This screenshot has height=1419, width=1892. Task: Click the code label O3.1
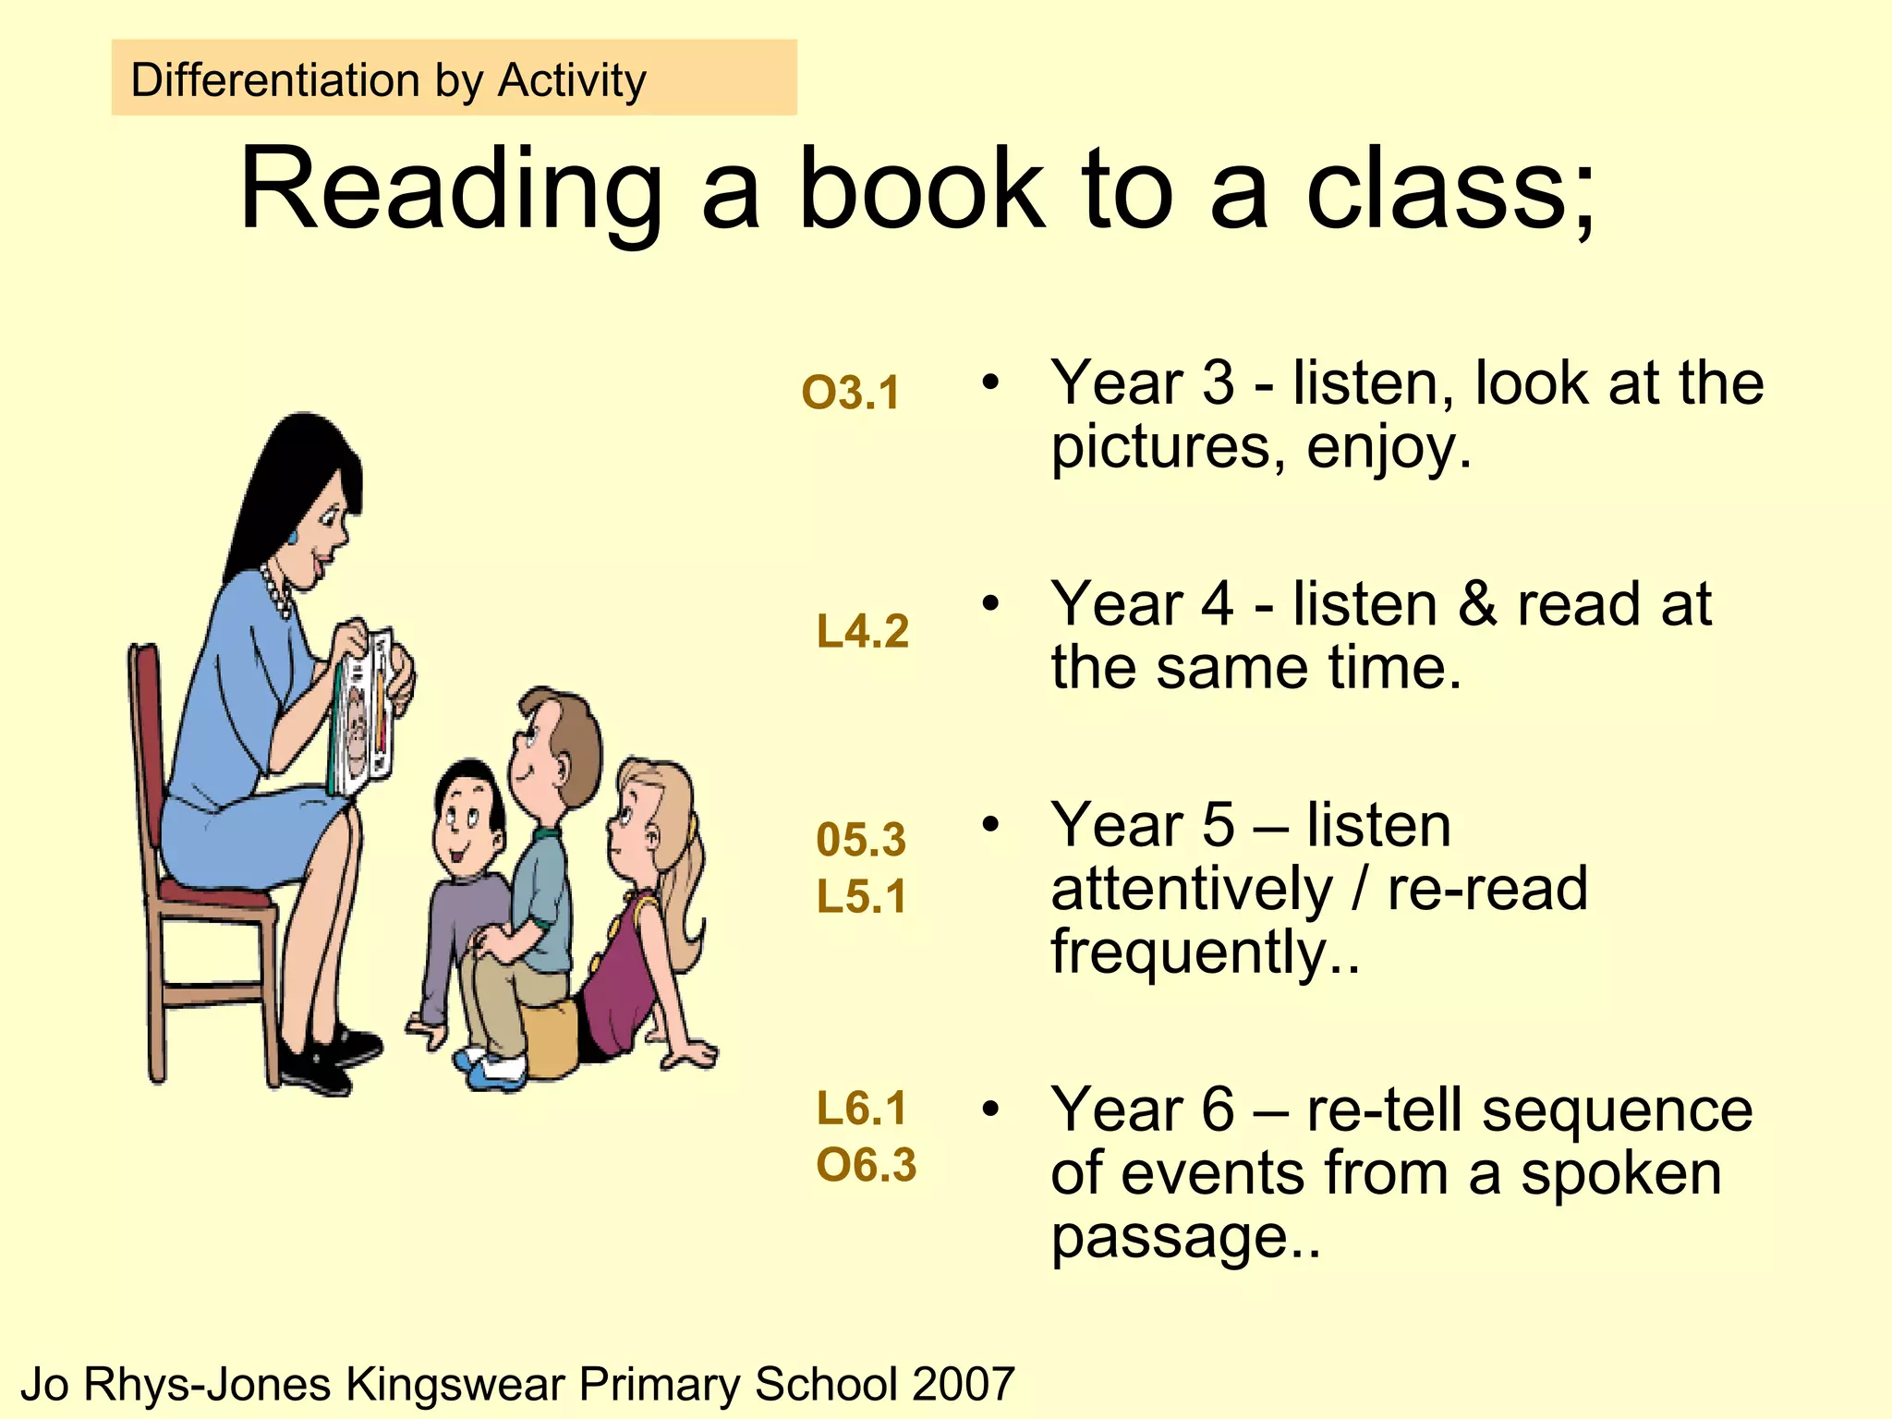850,393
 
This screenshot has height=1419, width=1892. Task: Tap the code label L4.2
863,632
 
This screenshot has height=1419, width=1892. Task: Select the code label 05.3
861,840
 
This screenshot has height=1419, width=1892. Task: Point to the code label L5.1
861,897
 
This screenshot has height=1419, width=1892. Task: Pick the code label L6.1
861,1108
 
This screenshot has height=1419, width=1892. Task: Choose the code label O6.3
866,1165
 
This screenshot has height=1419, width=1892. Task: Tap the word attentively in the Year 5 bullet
1192,889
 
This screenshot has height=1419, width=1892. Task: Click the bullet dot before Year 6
990,1109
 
